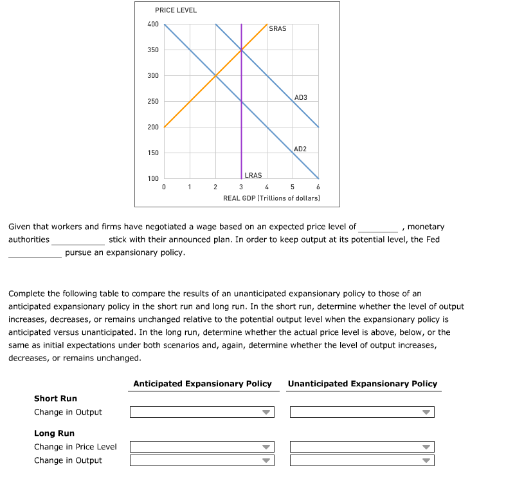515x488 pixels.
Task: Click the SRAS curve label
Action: (277, 28)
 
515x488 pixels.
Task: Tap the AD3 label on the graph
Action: (300, 97)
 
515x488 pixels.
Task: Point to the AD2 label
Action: (300, 149)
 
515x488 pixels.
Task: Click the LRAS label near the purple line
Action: (253, 175)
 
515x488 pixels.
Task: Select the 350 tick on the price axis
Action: (152, 50)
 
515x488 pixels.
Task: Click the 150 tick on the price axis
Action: (152, 153)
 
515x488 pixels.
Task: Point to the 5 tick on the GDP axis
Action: (293, 187)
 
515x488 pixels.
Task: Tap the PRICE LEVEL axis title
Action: (176, 10)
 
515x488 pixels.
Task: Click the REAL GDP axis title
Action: (271, 198)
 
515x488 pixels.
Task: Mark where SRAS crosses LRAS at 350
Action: (241, 50)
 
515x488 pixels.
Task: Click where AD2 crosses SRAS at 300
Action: (215, 76)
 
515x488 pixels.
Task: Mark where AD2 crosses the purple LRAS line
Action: (241, 102)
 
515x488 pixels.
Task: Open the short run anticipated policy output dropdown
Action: (202, 412)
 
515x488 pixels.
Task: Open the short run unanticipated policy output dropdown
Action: (361, 412)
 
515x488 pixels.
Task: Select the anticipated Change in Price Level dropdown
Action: (202, 447)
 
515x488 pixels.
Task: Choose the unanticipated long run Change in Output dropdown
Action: (361, 460)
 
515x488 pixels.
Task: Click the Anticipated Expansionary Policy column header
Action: (202, 384)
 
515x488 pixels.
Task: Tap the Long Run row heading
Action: (54, 433)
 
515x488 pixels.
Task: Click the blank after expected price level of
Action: (378, 227)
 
